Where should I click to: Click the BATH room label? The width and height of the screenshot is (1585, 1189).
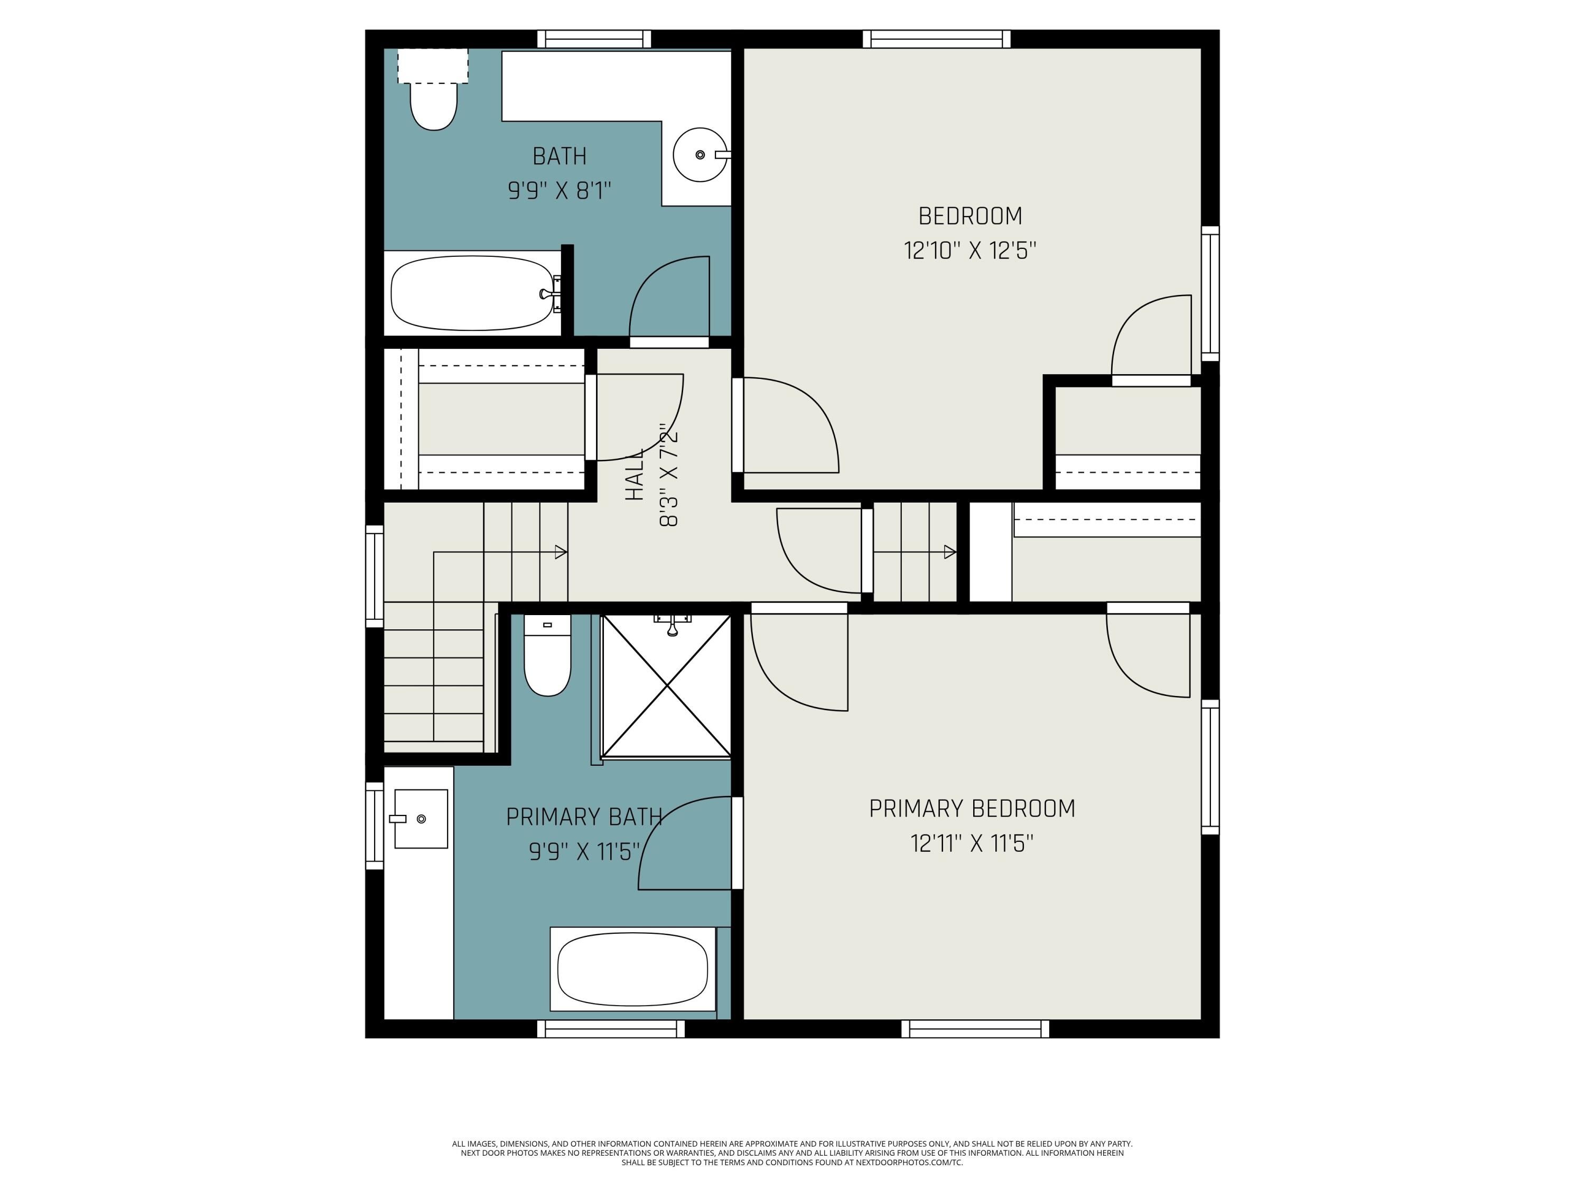tap(559, 156)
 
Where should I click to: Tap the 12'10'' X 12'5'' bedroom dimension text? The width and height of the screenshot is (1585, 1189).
tap(969, 251)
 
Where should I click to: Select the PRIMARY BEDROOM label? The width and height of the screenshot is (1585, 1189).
tap(972, 809)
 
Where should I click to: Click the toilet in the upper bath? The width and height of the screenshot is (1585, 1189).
tap(434, 105)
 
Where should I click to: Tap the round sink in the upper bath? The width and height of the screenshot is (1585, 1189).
tap(700, 155)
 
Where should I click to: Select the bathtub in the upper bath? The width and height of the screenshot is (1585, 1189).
tap(472, 293)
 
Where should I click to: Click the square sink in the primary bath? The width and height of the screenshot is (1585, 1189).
tap(421, 819)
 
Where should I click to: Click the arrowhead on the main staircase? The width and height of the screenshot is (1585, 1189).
tap(561, 552)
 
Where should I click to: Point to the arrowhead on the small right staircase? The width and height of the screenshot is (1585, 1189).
tap(949, 552)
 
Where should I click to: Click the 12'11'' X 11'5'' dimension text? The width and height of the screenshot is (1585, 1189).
tap(972, 843)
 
